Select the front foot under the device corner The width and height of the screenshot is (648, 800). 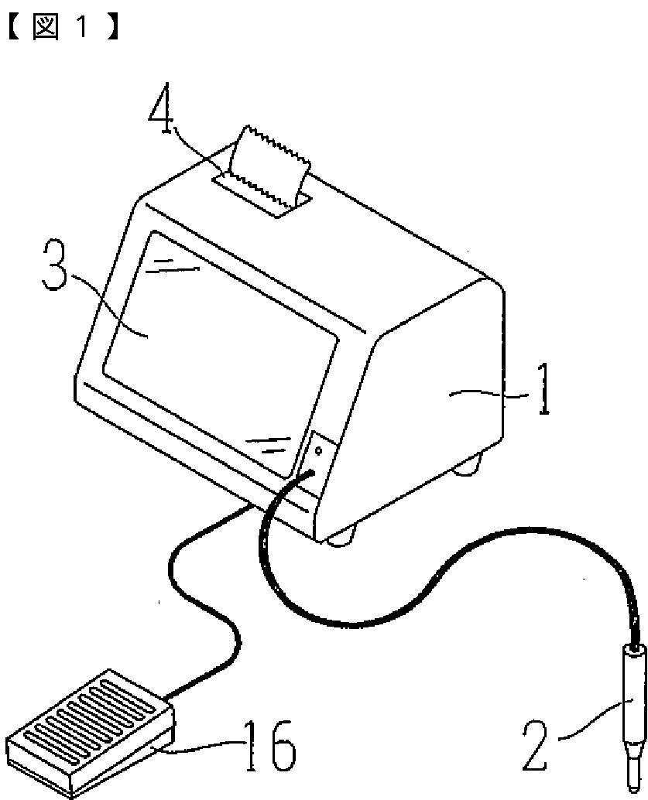point(341,537)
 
